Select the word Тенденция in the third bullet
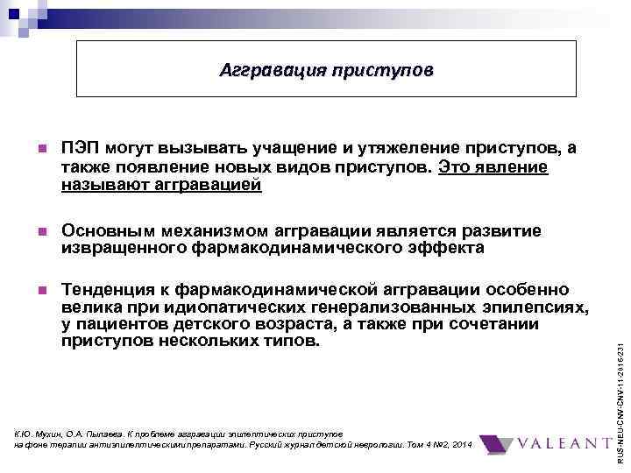tap(110, 289)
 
